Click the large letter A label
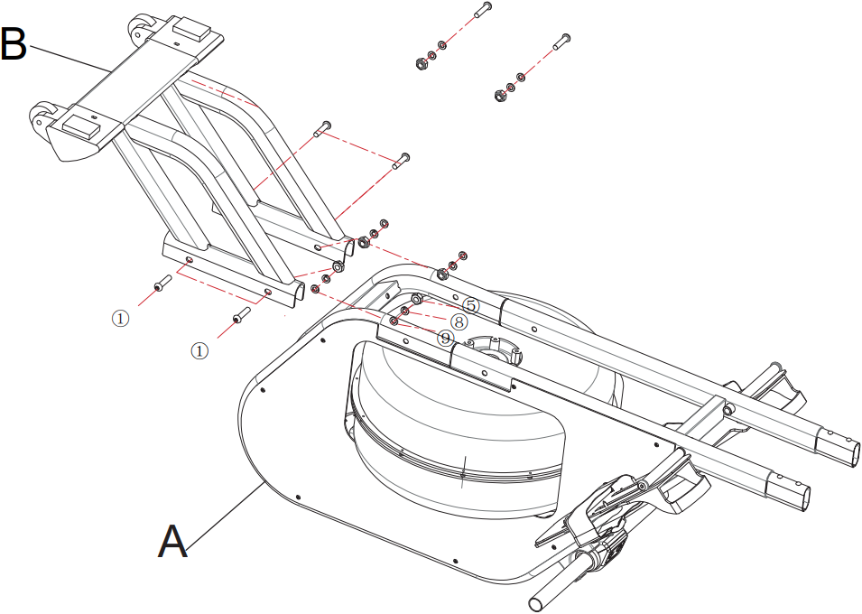172,542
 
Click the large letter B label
14,44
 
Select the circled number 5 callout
470,305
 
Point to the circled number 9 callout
445,338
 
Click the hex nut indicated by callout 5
417,299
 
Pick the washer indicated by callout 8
405,312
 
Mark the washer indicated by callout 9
394,321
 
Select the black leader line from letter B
69,58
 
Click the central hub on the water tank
493,349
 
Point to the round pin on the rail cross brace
728,410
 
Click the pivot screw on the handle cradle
642,486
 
